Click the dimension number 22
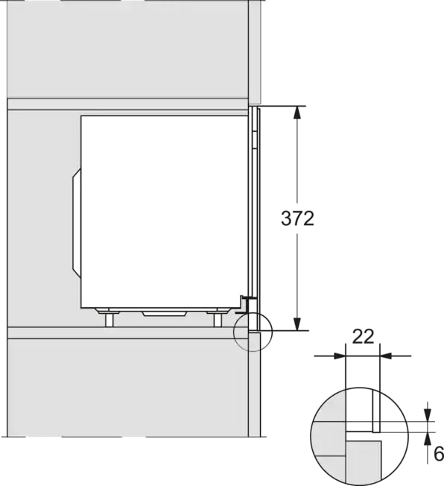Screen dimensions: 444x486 tap(363, 336)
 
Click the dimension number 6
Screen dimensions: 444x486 tap(439, 455)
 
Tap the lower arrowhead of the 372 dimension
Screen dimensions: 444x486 tap(297, 324)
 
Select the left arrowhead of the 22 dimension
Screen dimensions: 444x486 tap(339, 356)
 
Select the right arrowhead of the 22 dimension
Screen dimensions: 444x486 tap(385, 356)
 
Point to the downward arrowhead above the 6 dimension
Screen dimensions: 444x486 tap(428, 415)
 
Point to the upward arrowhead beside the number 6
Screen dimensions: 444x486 tap(428, 438)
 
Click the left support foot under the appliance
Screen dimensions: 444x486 tap(109, 319)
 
